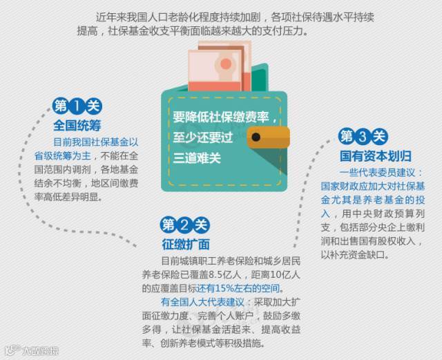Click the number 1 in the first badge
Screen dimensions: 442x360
(x=77, y=106)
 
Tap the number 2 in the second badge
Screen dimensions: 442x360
(x=184, y=225)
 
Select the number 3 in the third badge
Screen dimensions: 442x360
(x=363, y=135)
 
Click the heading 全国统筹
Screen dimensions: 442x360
(x=77, y=126)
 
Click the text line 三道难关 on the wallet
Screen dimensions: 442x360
(x=198, y=158)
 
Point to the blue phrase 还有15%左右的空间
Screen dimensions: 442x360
(x=241, y=288)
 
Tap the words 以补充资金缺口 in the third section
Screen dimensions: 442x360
(x=352, y=255)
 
